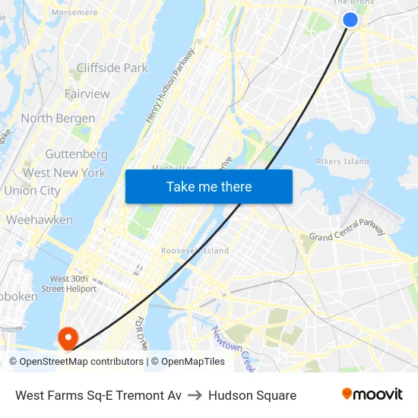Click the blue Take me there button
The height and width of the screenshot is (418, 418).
209,186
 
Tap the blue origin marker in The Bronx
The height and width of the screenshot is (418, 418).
350,19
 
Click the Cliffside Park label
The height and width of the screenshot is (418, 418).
112,68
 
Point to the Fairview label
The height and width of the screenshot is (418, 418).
87,94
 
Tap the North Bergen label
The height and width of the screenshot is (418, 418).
58,119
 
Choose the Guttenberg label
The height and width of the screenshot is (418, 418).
76,154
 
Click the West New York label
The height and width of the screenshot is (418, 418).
64,173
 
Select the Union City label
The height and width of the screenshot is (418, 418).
32,191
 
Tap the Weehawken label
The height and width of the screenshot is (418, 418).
40,220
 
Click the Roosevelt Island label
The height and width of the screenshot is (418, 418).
195,251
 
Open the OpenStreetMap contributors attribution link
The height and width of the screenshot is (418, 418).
81,362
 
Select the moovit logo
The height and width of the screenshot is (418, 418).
372,394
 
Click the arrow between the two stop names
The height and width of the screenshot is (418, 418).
195,395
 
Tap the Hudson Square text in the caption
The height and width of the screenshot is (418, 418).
252,395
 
